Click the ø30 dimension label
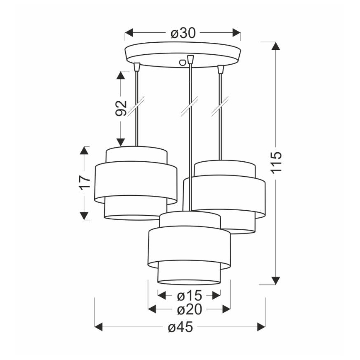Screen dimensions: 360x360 183,33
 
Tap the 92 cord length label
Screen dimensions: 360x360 121,108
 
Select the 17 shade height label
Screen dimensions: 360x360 85,183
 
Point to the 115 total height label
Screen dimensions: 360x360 276,162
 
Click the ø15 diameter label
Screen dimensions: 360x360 190,295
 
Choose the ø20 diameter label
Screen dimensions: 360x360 190,309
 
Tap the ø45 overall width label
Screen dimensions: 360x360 180,327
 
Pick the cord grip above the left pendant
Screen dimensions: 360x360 137,67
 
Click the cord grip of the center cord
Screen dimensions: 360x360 190,59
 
